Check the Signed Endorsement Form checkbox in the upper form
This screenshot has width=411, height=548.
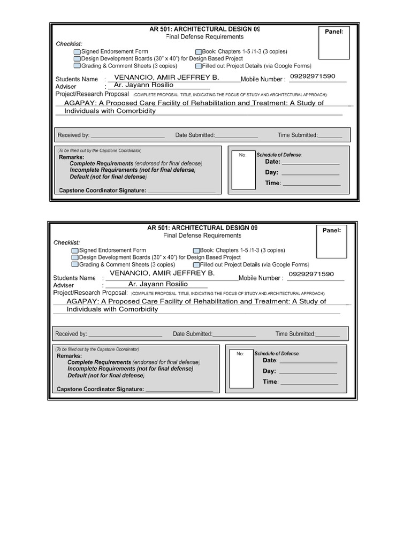coord(77,52)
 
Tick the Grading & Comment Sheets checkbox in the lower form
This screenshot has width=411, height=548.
coord(75,264)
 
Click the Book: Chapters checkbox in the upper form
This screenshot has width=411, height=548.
coord(199,52)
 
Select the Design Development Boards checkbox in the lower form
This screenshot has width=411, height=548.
coord(75,257)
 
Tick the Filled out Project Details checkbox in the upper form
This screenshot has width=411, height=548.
coord(198,66)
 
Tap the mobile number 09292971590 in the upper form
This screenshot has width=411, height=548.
coord(313,77)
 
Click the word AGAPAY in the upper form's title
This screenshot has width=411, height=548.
coord(78,103)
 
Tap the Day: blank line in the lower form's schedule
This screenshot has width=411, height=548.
coord(308,371)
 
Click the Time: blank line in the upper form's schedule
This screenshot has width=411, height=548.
coord(311,183)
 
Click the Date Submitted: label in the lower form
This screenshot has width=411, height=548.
coord(193,334)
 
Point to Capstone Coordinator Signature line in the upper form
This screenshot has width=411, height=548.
coord(181,191)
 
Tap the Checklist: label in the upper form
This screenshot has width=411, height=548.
coord(70,43)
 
